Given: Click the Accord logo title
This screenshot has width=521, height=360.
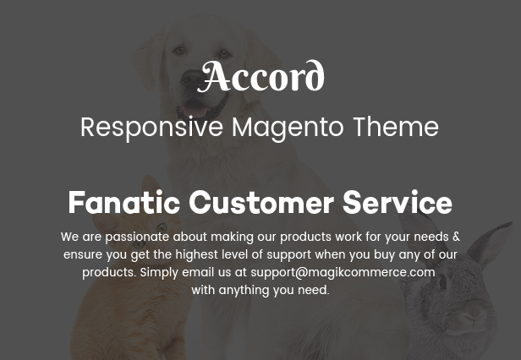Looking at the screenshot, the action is pyautogui.click(x=260, y=76).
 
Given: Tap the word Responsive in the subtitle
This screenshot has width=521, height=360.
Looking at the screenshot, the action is pyautogui.click(x=152, y=128).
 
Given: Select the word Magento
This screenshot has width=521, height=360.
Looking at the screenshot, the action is pyautogui.click(x=288, y=128).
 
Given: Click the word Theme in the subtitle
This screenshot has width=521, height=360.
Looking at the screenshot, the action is pyautogui.click(x=396, y=127).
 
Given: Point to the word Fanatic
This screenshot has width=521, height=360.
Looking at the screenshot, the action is pyautogui.click(x=124, y=202).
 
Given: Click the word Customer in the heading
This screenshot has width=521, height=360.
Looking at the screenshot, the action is pyautogui.click(x=261, y=202).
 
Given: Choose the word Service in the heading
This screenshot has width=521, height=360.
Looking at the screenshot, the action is pyautogui.click(x=398, y=202).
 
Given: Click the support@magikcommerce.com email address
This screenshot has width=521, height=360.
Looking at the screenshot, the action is pyautogui.click(x=343, y=272).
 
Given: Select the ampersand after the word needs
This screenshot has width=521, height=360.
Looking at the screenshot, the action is pyautogui.click(x=456, y=237).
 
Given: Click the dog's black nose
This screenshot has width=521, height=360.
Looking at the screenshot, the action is pyautogui.click(x=192, y=79).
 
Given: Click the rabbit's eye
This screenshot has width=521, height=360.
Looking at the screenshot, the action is pyautogui.click(x=443, y=282).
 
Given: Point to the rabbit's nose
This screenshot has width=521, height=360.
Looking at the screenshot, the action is pyautogui.click(x=473, y=319).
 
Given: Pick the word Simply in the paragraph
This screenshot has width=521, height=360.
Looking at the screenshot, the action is pyautogui.click(x=160, y=273).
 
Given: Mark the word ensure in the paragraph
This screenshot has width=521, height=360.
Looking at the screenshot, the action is pyautogui.click(x=83, y=255).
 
